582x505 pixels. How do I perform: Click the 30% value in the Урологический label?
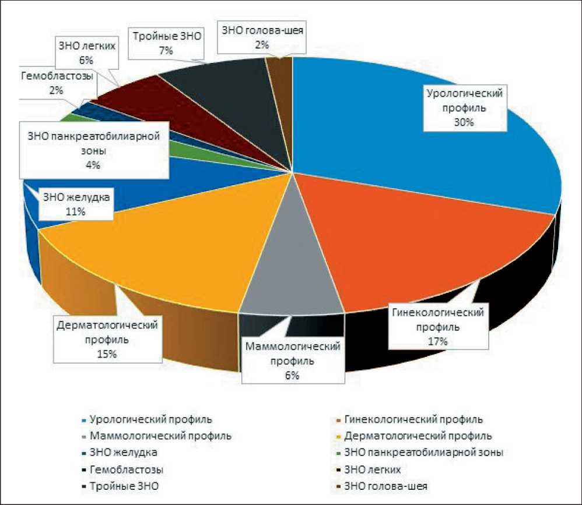464,122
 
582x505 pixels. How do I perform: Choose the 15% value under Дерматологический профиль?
108,354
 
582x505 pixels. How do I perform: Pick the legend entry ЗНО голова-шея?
390,485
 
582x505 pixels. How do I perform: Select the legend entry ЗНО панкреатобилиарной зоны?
423,452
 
